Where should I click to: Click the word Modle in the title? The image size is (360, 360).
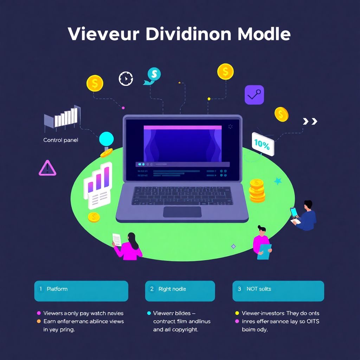(x=264, y=34)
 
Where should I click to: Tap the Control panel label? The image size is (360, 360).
(x=60, y=140)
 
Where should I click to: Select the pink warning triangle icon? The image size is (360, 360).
(x=47, y=168)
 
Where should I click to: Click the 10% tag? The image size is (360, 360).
(x=263, y=143)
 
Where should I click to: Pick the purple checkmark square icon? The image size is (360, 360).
(x=254, y=95)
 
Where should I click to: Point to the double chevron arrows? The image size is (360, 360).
(x=310, y=121)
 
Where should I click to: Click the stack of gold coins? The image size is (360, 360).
(x=257, y=191)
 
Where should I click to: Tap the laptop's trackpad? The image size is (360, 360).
(x=182, y=212)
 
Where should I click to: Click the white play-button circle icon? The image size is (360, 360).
(x=126, y=78)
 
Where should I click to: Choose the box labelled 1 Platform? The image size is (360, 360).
(x=81, y=291)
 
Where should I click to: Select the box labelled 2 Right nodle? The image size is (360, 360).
(x=180, y=291)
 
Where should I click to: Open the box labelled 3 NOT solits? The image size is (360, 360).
(x=278, y=291)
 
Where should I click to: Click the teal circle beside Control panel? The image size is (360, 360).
(x=107, y=139)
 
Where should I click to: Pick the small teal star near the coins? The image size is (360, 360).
(x=278, y=181)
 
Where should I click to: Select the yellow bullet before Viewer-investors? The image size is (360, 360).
(x=237, y=313)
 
